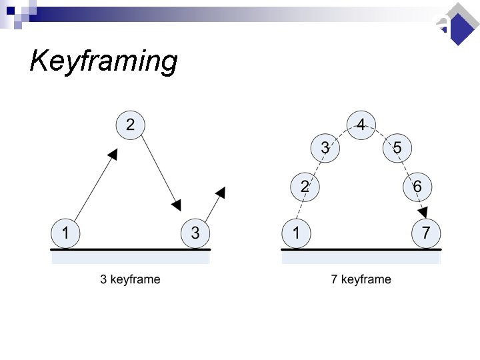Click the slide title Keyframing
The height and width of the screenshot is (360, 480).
pyautogui.click(x=103, y=61)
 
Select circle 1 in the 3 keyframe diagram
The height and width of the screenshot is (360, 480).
pyautogui.click(x=65, y=233)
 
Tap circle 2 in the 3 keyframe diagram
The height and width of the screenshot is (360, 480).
pyautogui.click(x=130, y=124)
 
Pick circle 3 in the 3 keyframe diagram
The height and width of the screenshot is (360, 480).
pyautogui.click(x=195, y=233)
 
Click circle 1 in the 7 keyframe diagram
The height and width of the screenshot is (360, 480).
pyautogui.click(x=295, y=233)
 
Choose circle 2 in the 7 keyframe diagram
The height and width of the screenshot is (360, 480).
pyautogui.click(x=305, y=187)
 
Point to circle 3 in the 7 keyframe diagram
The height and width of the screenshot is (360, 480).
pyautogui.click(x=325, y=148)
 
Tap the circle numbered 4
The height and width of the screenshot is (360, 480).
pyautogui.click(x=361, y=124)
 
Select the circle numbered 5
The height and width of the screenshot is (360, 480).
pyautogui.click(x=397, y=148)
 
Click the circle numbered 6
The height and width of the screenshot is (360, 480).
pyautogui.click(x=417, y=187)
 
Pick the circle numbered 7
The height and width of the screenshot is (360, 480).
pyautogui.click(x=426, y=233)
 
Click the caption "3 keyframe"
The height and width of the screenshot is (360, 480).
pyautogui.click(x=130, y=279)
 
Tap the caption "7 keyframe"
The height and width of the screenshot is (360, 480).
pyautogui.click(x=361, y=279)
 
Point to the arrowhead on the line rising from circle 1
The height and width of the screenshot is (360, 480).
pyautogui.click(x=113, y=155)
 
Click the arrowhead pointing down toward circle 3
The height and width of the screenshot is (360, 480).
pyautogui.click(x=176, y=203)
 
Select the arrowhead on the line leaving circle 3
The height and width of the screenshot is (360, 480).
pyautogui.click(x=221, y=193)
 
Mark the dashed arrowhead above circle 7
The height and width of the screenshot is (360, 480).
pyautogui.click(x=423, y=212)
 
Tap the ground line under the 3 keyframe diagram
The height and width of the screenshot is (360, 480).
pyautogui.click(x=131, y=249)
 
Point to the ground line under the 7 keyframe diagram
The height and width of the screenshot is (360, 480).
pyautogui.click(x=361, y=249)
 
